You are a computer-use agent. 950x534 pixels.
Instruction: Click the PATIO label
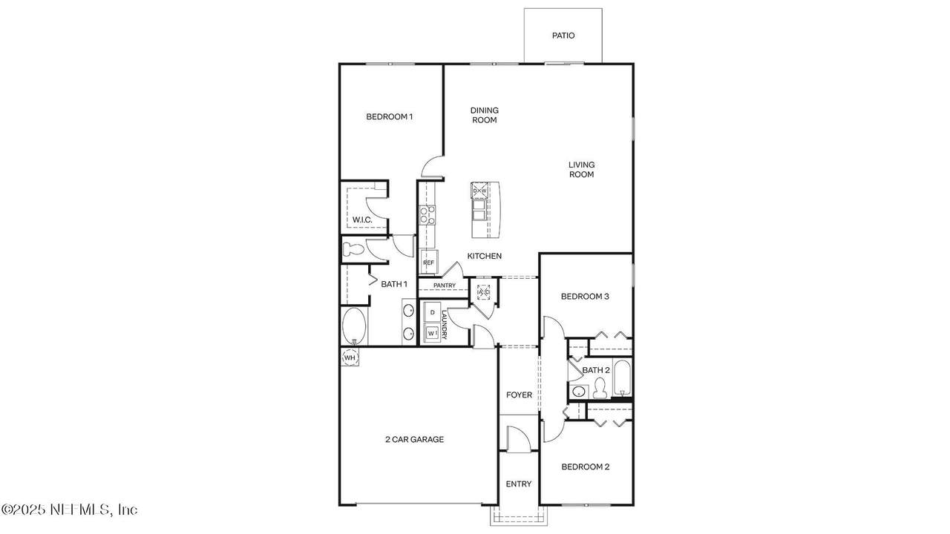click(x=563, y=36)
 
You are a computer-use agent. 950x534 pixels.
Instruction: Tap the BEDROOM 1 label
click(x=390, y=116)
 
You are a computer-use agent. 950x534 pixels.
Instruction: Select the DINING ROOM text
click(x=485, y=115)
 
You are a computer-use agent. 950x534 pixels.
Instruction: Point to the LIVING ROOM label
click(x=581, y=169)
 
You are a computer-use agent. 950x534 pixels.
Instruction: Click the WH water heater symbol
click(x=350, y=357)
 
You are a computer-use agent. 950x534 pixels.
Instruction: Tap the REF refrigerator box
click(x=429, y=263)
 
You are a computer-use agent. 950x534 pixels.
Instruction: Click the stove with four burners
click(x=427, y=215)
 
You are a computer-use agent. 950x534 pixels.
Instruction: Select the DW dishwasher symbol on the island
click(x=479, y=191)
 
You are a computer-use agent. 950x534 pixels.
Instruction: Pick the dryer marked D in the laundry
click(x=433, y=312)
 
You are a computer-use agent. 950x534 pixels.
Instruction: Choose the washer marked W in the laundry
click(x=432, y=333)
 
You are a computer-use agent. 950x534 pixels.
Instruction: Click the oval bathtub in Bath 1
click(x=354, y=326)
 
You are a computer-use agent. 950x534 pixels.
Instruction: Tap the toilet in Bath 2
click(x=600, y=388)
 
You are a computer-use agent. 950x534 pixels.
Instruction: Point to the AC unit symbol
click(x=483, y=292)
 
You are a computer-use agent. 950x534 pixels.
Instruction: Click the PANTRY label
click(x=445, y=286)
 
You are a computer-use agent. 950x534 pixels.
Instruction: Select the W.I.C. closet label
click(x=362, y=220)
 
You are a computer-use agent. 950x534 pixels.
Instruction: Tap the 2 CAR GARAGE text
click(x=414, y=440)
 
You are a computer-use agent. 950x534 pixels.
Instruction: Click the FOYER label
click(x=519, y=395)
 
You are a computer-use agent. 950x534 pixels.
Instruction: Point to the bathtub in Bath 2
click(x=622, y=378)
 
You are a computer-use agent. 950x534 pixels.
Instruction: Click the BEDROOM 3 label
click(x=585, y=297)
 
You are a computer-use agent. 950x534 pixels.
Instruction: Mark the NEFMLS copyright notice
click(x=69, y=510)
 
